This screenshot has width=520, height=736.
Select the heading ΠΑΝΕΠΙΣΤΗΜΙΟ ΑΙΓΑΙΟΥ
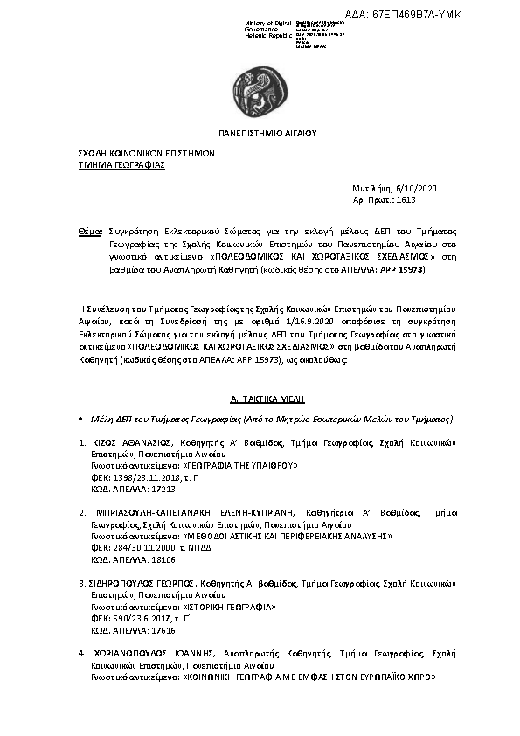[x=267, y=134]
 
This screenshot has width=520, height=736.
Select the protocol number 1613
[x=406, y=200]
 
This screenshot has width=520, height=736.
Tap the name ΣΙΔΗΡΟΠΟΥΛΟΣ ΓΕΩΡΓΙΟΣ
[x=143, y=581]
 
